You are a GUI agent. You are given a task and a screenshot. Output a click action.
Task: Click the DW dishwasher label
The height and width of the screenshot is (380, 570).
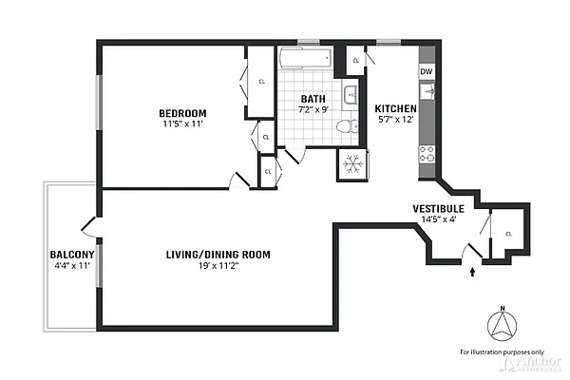coord(427,72)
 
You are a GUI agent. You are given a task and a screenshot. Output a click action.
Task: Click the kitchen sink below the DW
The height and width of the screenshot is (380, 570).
coord(428,92)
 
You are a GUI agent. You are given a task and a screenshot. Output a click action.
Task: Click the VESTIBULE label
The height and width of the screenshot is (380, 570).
coord(438,208)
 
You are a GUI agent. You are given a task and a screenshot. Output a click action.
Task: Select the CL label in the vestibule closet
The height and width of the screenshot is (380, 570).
coord(508,234)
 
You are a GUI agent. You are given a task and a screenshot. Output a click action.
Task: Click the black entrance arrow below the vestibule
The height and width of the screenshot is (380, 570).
coord(472,273)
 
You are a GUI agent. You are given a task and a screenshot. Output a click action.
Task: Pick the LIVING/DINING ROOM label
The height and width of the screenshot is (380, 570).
coord(218,255)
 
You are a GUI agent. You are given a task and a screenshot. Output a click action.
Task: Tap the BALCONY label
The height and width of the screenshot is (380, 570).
coord(71,255)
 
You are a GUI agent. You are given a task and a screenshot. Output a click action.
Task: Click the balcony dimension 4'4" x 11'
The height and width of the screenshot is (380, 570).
coord(71,266)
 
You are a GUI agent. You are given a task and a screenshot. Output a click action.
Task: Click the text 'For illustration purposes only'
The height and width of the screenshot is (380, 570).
coord(501,352)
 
